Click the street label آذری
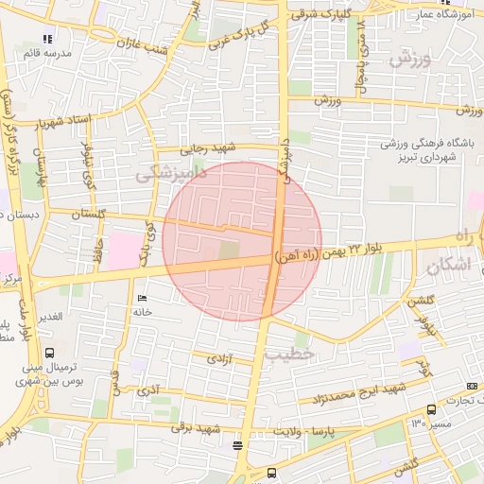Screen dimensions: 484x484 pos(149,389)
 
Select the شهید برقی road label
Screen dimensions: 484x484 pos(194,428)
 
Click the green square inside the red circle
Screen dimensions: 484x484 pos(230,251)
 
